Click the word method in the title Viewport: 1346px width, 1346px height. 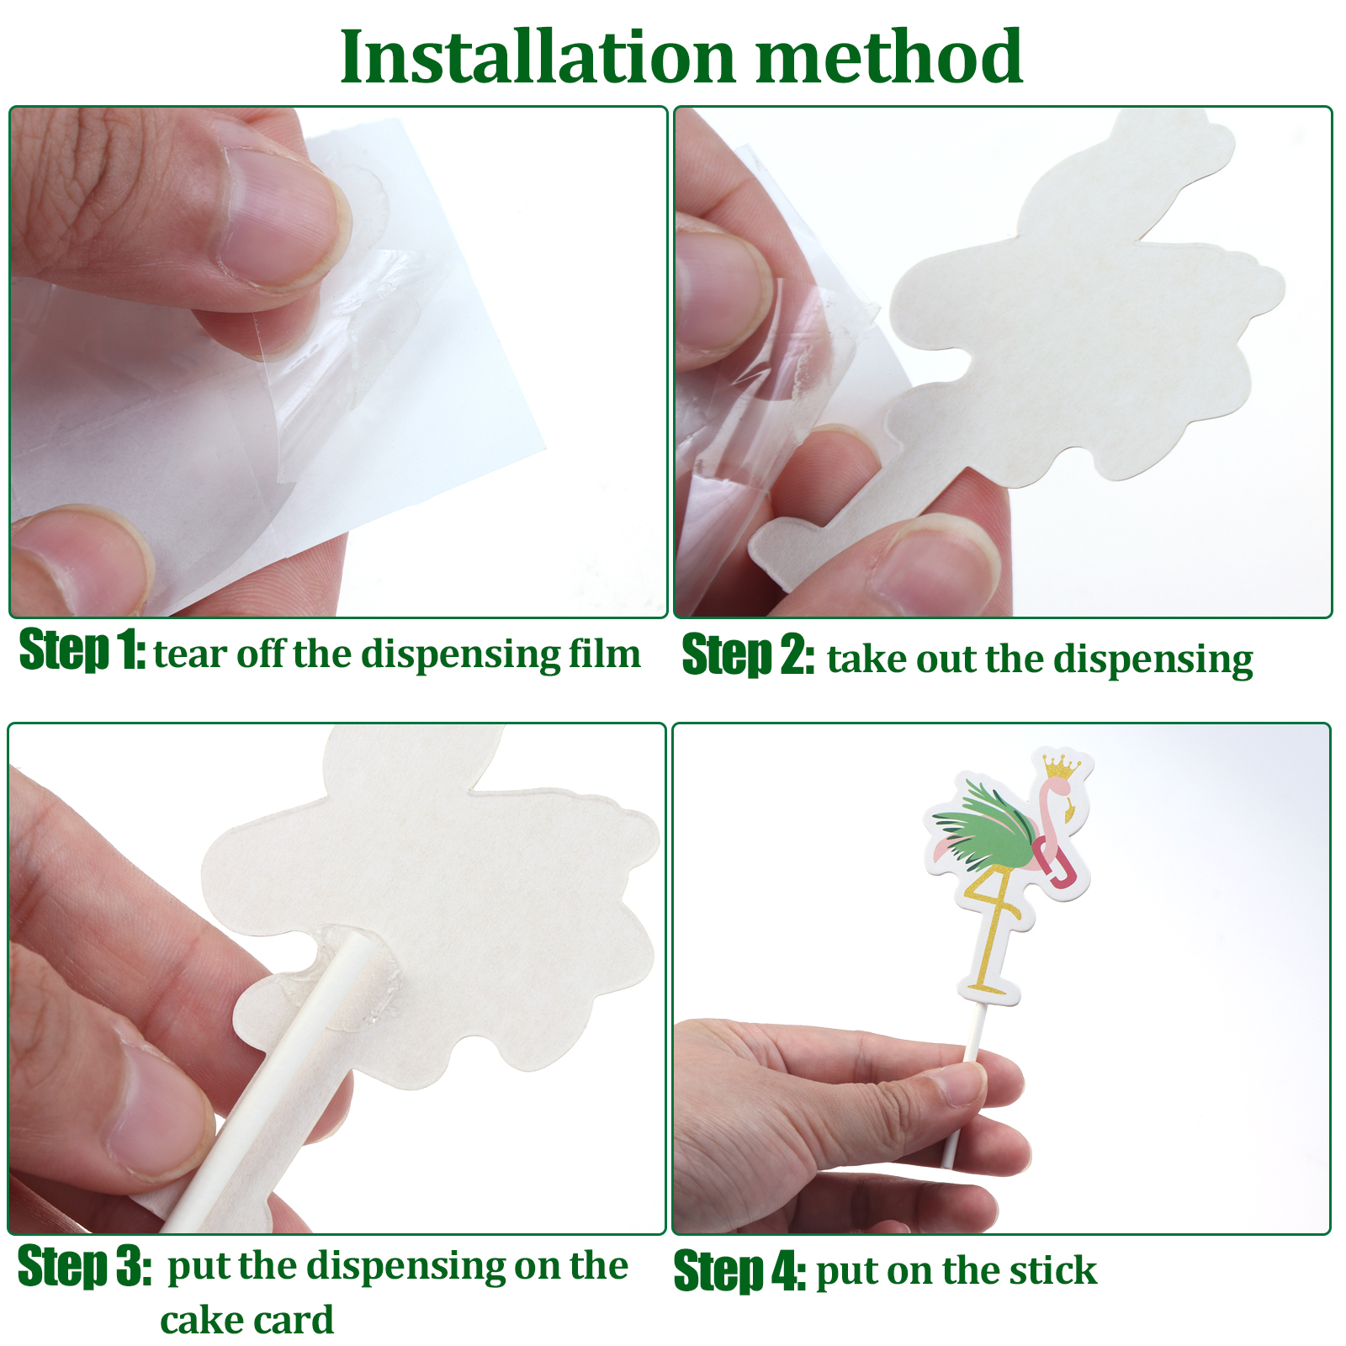pyautogui.click(x=889, y=56)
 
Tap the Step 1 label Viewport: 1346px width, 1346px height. pyautogui.click(x=82, y=649)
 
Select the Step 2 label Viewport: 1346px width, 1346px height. pyautogui.click(x=747, y=655)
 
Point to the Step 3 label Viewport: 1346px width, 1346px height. pyautogui.click(x=84, y=1265)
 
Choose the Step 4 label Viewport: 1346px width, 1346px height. pyautogui.click(x=739, y=1270)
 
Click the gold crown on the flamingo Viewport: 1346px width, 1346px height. pyautogui.click(x=1062, y=766)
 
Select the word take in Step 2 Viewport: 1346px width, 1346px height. pyautogui.click(x=866, y=659)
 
